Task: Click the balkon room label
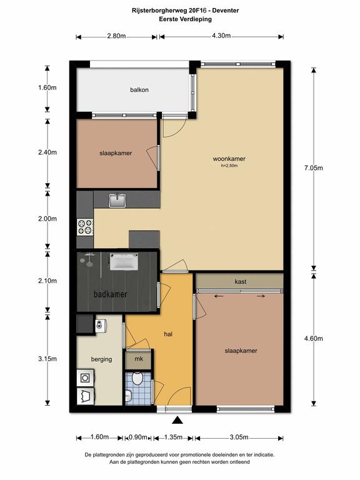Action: tap(139, 90)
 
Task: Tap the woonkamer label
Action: tap(229, 159)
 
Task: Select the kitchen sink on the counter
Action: tap(117, 200)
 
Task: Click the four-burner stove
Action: tap(85, 227)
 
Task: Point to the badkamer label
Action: tap(110, 294)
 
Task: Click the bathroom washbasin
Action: tap(124, 261)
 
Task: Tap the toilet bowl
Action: tap(137, 378)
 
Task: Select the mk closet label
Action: tap(139, 358)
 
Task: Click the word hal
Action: tap(168, 334)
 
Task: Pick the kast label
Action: tap(240, 281)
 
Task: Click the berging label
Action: tap(101, 359)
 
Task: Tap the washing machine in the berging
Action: tap(85, 377)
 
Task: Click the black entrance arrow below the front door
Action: tap(177, 420)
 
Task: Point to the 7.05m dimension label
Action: tap(314, 167)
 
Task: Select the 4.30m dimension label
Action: tap(221, 36)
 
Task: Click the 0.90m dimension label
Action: tap(138, 437)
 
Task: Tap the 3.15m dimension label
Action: tap(47, 359)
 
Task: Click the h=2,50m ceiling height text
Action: tap(229, 166)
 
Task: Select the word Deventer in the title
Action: tap(226, 11)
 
